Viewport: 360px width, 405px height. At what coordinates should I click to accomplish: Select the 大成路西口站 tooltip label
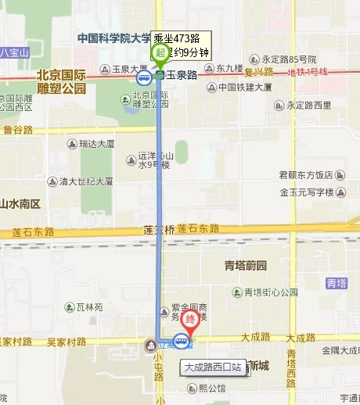[x=212, y=366]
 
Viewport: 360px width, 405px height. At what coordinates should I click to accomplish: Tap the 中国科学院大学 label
[x=113, y=38]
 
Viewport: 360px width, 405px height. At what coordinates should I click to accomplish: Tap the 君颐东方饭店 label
[x=306, y=175]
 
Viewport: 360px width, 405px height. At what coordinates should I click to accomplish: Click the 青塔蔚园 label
[x=245, y=265]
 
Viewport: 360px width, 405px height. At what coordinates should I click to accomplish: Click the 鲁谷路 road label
[x=18, y=130]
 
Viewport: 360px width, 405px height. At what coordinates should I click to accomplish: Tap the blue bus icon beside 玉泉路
[x=143, y=77]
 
